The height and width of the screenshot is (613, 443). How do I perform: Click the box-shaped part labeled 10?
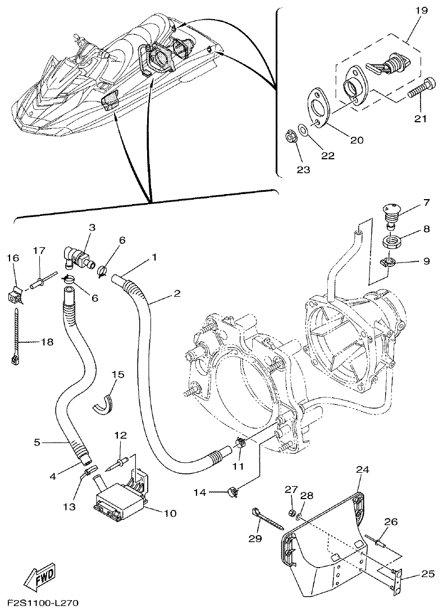[120, 497]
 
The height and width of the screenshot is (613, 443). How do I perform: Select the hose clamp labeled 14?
[230, 493]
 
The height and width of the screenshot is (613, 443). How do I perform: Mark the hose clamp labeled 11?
[240, 444]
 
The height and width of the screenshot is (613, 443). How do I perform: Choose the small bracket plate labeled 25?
[398, 579]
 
